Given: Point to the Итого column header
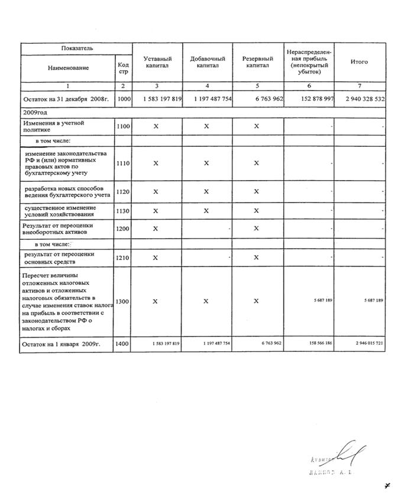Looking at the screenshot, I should coord(359,62).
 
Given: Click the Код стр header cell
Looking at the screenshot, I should coord(123,68).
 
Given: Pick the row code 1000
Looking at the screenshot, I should coord(124,99).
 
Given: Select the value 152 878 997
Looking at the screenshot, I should coord(309,100).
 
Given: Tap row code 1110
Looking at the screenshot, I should coord(124,163).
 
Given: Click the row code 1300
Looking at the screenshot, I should coord(124,301).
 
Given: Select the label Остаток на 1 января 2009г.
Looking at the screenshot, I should coord(59,344).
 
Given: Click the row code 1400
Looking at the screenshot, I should coord(124,344).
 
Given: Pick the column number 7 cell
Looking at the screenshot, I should coord(359,86).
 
